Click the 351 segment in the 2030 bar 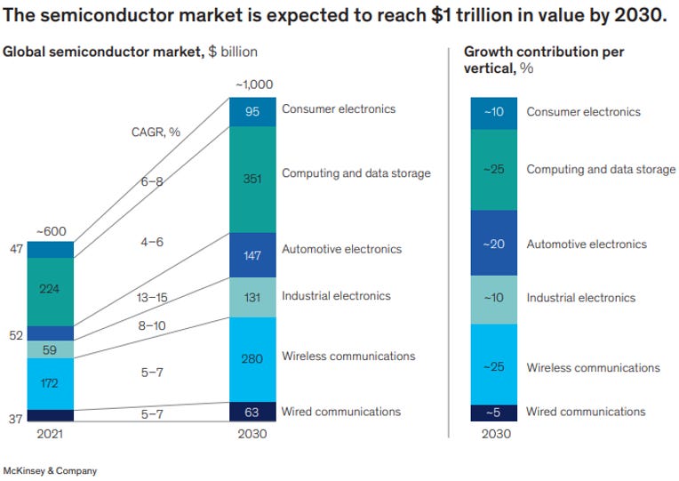click(252, 178)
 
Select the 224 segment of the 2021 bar click(51, 288)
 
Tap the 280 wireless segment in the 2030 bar click(252, 359)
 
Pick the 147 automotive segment click(252, 256)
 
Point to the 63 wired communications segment click(252, 412)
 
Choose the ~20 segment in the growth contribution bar click(494, 245)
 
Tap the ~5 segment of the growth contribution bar click(494, 413)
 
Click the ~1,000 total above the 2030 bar click(252, 84)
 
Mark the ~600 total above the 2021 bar click(51, 232)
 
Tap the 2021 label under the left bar click(51, 435)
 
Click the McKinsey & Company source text click(51, 470)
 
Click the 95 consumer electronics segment click(252, 112)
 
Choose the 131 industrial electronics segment click(252, 298)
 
